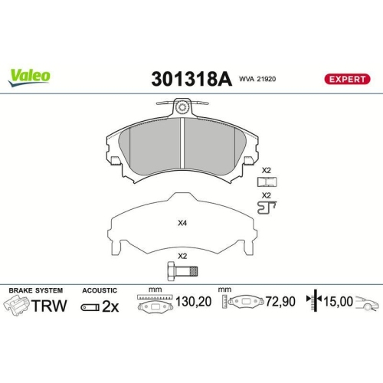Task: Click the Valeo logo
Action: [30, 75]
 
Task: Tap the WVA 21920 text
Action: [258, 78]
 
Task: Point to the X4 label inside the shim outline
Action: [182, 224]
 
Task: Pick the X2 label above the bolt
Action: [182, 256]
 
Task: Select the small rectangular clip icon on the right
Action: [267, 182]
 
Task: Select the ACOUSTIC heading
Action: [100, 290]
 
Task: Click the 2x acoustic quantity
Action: [110, 306]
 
